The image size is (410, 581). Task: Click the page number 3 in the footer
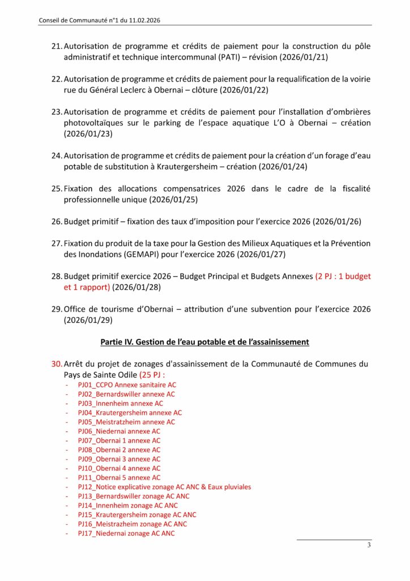coord(369,546)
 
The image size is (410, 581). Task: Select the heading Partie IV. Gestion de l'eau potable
coord(204,342)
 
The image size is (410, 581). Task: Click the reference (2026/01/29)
coord(88,320)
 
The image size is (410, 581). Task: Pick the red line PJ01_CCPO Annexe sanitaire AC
coord(127,385)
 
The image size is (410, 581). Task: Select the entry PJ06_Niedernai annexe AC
coord(119,431)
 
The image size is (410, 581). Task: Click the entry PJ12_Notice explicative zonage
coord(164,487)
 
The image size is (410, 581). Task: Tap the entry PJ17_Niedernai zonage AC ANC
coord(126,533)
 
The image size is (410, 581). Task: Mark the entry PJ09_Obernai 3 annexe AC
coord(119,459)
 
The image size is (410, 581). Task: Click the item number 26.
coord(56,221)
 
